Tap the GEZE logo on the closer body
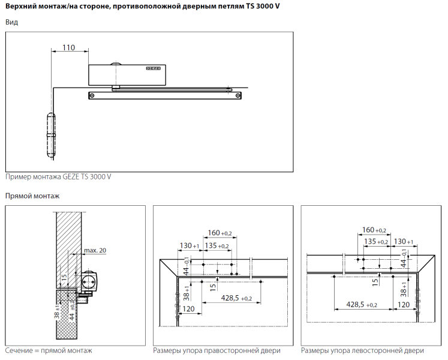[x=153, y=68]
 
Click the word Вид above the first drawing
[x=11, y=22]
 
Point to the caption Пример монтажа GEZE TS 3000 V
[x=58, y=177]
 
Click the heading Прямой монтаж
[x=32, y=196]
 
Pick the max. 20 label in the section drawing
[x=95, y=250]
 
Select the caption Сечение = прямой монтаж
[x=49, y=350]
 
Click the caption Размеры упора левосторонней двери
[x=362, y=350]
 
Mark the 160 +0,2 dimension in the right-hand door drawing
[x=219, y=233]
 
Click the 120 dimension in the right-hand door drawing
[x=188, y=309]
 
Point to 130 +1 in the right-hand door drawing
[x=189, y=246]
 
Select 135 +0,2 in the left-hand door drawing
[x=376, y=242]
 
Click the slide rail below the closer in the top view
[x=165, y=95]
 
